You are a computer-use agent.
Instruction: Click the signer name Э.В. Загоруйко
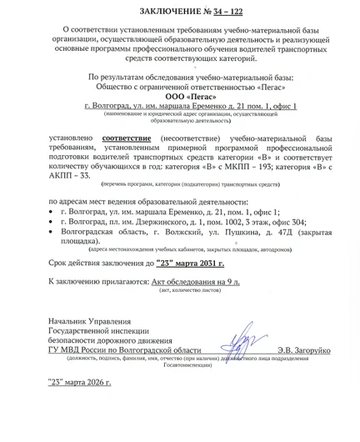click(x=304, y=352)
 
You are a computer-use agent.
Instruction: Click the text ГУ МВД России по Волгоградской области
click(x=124, y=352)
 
